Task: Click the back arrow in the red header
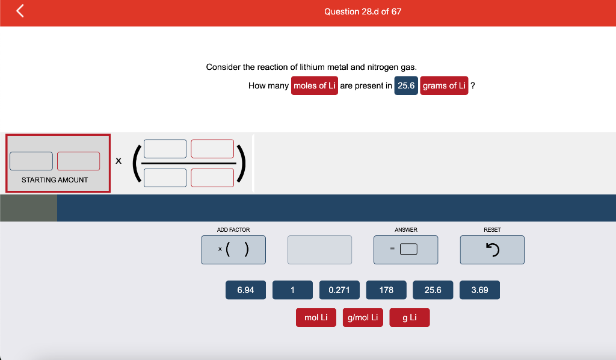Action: [x=20, y=11]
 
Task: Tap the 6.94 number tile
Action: [x=245, y=290]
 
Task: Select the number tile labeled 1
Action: [x=293, y=290]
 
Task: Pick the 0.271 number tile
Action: [x=339, y=290]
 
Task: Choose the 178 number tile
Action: [x=386, y=290]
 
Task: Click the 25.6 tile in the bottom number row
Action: [x=433, y=290]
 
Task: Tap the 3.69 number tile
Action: [x=479, y=290]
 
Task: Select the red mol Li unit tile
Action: [x=316, y=317]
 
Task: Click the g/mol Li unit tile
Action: [x=363, y=317]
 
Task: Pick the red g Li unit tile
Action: [x=409, y=317]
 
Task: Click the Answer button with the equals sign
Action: [x=406, y=250]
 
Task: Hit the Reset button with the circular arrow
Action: [x=492, y=250]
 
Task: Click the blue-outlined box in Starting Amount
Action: [x=31, y=161]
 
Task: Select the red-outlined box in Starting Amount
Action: [x=79, y=161]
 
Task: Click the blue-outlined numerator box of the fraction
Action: [x=165, y=149]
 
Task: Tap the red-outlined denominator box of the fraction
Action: [x=212, y=178]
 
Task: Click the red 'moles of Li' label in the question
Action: [x=314, y=85]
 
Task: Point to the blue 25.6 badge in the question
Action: [x=406, y=85]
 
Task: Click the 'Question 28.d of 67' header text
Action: [x=363, y=12]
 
